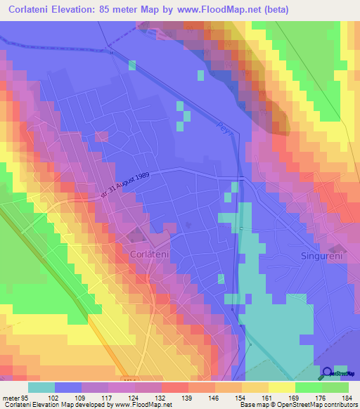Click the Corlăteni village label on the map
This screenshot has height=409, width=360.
pos(151,250)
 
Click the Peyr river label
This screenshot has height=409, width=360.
pos(224,126)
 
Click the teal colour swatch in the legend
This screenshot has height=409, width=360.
pos(41,387)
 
